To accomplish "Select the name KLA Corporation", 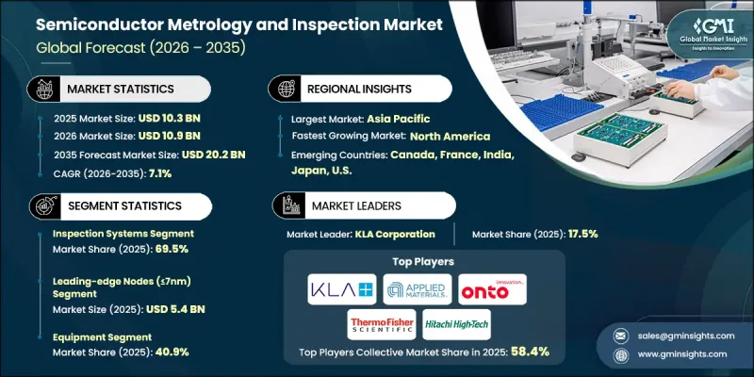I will [397, 234].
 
